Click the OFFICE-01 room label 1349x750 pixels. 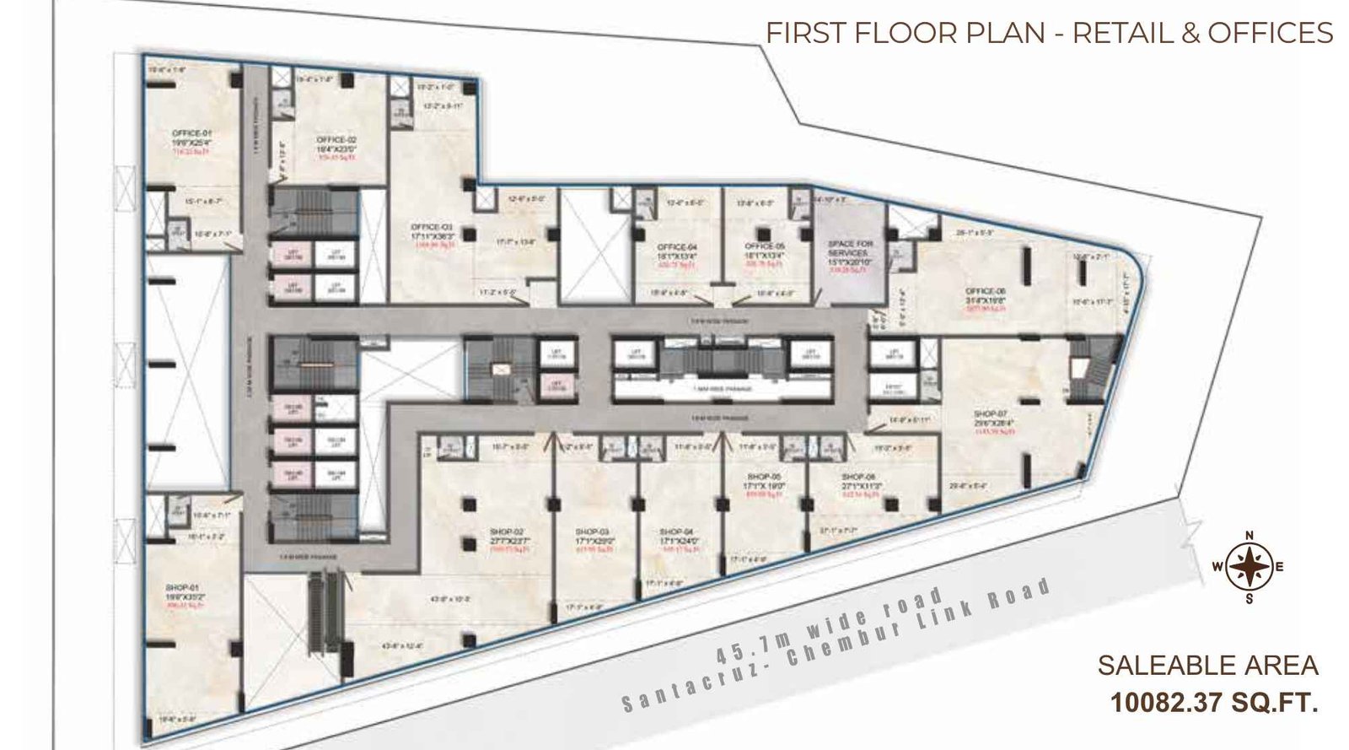coord(186,133)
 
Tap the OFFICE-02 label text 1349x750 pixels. coord(336,139)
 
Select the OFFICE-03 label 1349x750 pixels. coord(432,226)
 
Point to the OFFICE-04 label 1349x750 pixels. coord(676,246)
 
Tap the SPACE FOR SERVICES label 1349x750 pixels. coord(851,248)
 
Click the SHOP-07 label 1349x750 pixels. coord(986,413)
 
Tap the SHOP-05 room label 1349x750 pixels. coord(766,476)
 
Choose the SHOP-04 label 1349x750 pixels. coord(676,531)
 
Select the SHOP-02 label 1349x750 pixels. coord(507,531)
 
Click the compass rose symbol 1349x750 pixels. coord(1249,567)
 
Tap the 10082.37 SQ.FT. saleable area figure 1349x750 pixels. coord(1213,702)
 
